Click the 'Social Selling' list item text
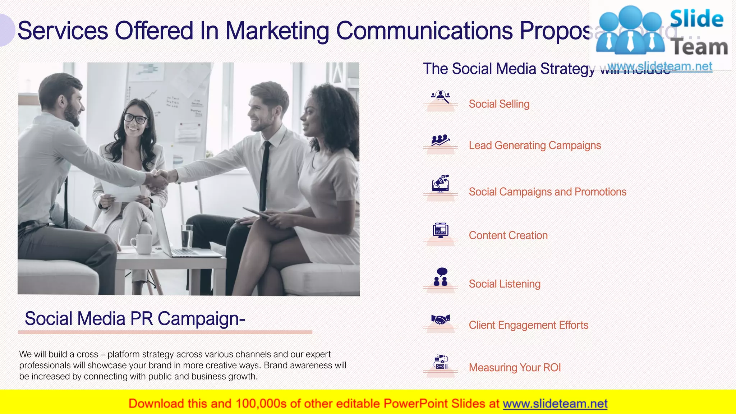click(x=499, y=104)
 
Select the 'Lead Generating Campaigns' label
click(x=534, y=146)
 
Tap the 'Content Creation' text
click(x=508, y=235)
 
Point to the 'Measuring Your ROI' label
click(x=515, y=368)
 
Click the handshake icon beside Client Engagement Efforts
click(x=441, y=319)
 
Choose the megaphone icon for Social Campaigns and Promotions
click(x=441, y=183)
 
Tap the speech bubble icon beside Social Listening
click(x=442, y=272)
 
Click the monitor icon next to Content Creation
click(x=441, y=230)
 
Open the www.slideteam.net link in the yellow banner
click(x=555, y=404)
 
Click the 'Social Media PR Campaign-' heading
click(x=135, y=319)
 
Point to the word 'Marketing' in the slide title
click(x=277, y=31)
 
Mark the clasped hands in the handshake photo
click(x=157, y=180)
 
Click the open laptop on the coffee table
click(x=180, y=237)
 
